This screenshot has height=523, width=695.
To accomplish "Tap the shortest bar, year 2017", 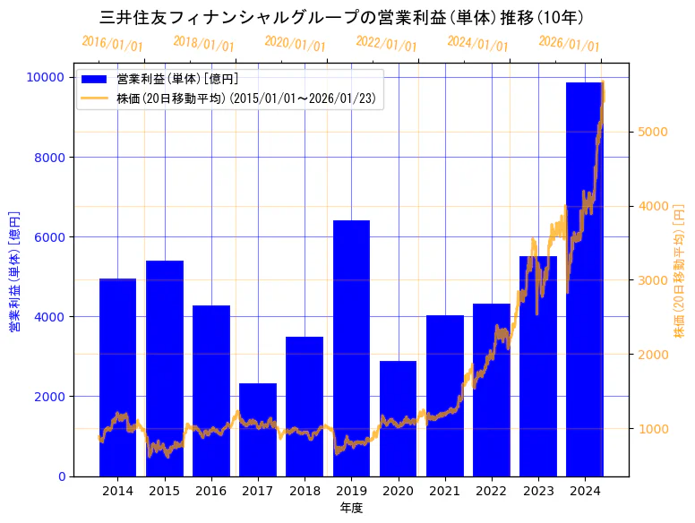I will click(x=258, y=429).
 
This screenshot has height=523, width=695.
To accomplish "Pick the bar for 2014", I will click(x=117, y=377).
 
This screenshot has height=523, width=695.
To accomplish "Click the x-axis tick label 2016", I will click(x=211, y=491).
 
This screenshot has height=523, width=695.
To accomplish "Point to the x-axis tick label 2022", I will click(x=491, y=491).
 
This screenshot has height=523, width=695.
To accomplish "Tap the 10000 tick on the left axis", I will click(x=46, y=78).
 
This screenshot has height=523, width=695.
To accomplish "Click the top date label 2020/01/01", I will click(x=296, y=43).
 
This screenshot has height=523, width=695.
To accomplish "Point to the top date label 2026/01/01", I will click(x=570, y=44).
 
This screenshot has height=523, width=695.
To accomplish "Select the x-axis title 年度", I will click(x=351, y=508).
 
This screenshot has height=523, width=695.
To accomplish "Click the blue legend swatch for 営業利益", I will click(x=94, y=80).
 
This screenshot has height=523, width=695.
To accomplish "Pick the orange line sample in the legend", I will click(x=94, y=98).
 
